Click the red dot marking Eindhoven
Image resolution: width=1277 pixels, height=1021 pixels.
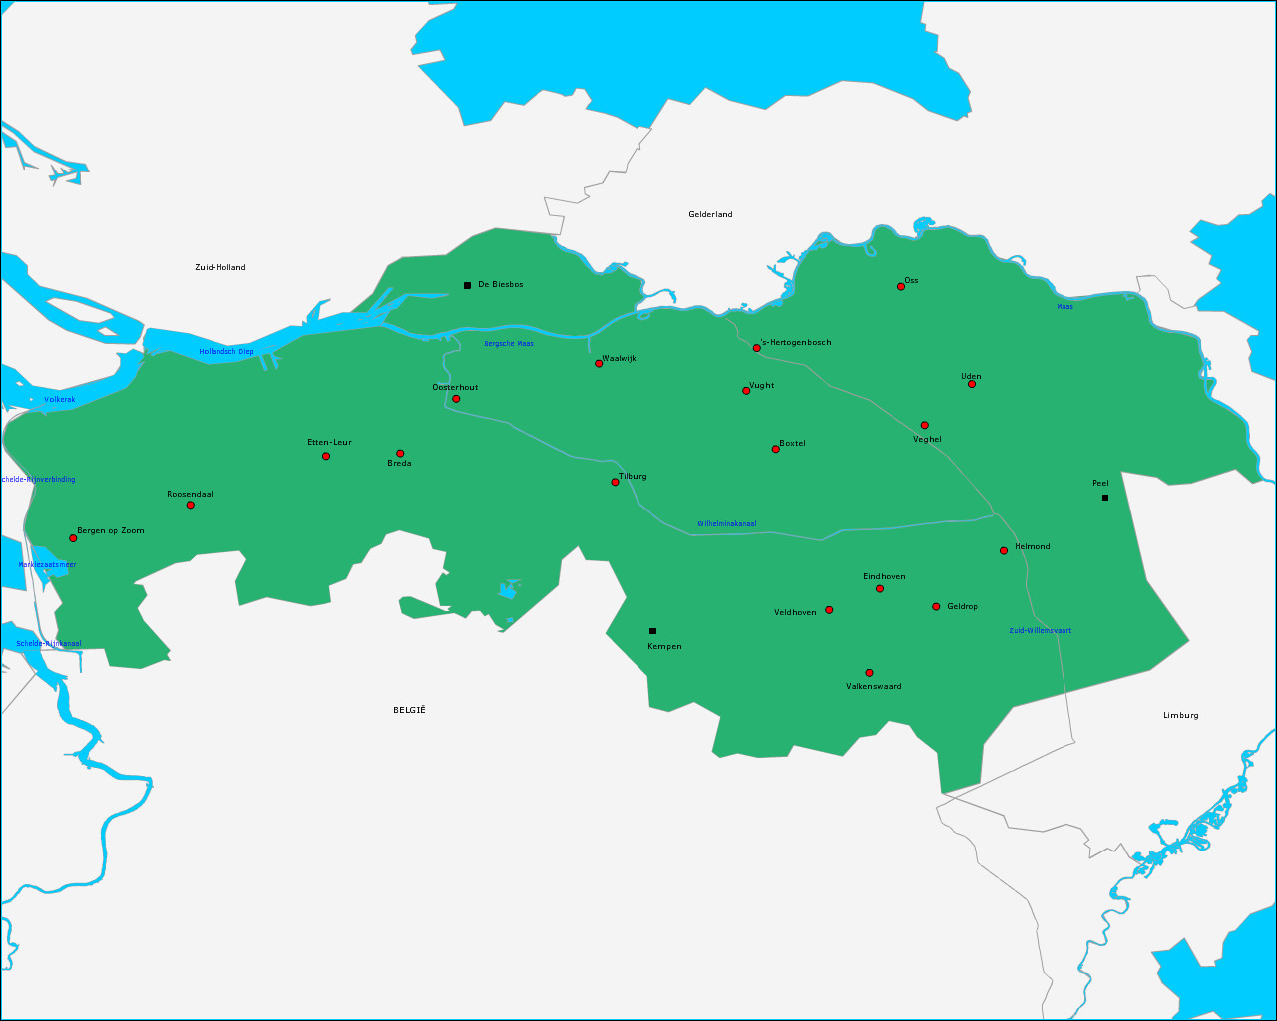pyautogui.click(x=880, y=589)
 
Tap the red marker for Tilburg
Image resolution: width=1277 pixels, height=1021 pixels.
pyautogui.click(x=616, y=483)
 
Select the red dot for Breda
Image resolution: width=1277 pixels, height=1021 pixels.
pyautogui.click(x=400, y=454)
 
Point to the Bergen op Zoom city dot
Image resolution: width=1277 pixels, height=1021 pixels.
pyautogui.click(x=73, y=538)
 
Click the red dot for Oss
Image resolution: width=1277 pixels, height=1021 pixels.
pyautogui.click(x=901, y=287)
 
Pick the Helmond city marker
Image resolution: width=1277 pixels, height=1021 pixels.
pyautogui.click(x=1004, y=551)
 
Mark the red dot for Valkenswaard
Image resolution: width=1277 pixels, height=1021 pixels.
pyautogui.click(x=870, y=673)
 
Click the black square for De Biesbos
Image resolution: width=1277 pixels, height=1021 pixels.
pyautogui.click(x=467, y=286)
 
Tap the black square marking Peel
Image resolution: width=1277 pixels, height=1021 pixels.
pyautogui.click(x=1105, y=498)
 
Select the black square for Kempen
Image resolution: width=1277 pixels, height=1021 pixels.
pyautogui.click(x=653, y=631)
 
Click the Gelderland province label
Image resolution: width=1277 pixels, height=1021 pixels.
pyautogui.click(x=710, y=215)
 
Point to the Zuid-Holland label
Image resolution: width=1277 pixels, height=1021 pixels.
pyautogui.click(x=220, y=268)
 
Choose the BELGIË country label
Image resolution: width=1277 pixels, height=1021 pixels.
pyautogui.click(x=409, y=710)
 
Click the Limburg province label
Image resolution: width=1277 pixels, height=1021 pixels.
pyautogui.click(x=1181, y=716)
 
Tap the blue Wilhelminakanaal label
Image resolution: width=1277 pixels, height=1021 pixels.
pyautogui.click(x=727, y=524)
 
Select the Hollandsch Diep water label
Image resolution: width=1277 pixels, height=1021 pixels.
pyautogui.click(x=226, y=352)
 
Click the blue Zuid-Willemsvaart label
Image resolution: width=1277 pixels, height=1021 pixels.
pyautogui.click(x=1041, y=631)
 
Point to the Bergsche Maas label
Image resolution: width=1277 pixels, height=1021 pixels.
pyautogui.click(x=509, y=344)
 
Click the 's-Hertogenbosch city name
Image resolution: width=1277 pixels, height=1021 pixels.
pyautogui.click(x=796, y=343)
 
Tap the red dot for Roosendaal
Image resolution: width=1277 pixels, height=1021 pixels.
pyautogui.click(x=191, y=505)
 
